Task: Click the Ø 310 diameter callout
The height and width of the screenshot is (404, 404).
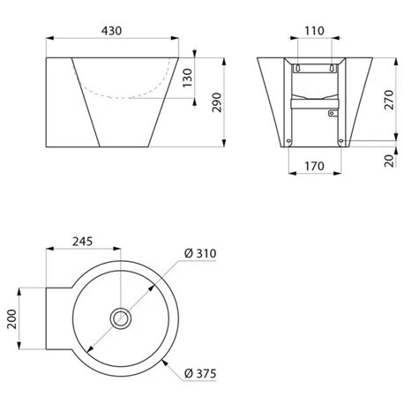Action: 200,254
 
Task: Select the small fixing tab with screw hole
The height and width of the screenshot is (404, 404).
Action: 333,113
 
